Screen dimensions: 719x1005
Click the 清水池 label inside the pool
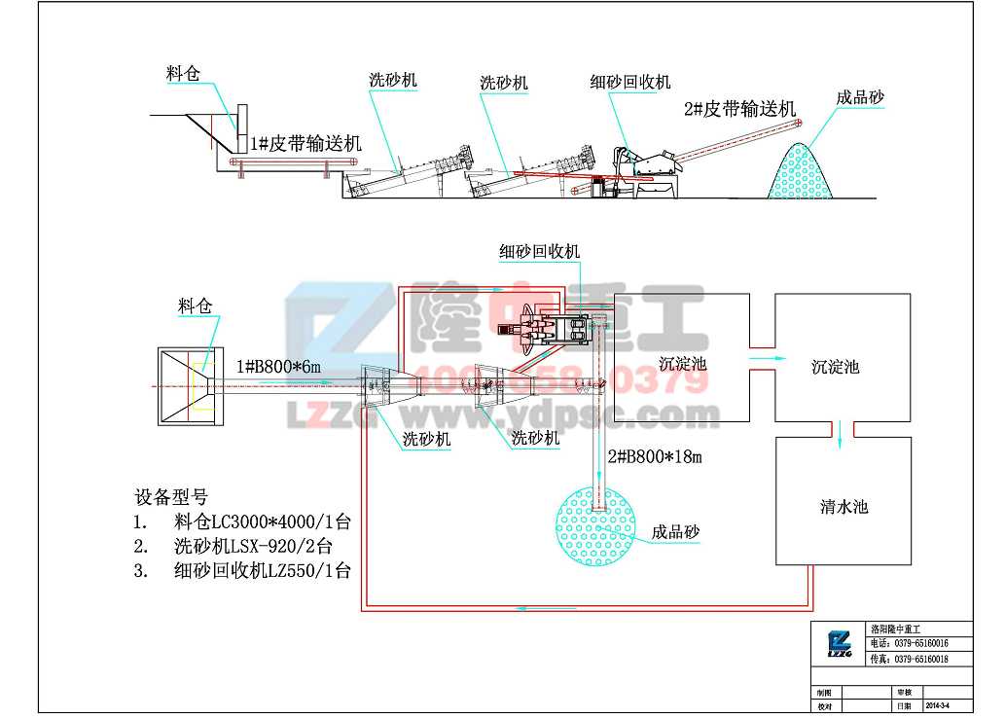coord(843,507)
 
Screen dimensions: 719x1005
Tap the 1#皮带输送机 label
coord(305,144)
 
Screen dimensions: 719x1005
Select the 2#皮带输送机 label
coord(740,109)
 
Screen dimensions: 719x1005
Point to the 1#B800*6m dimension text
coord(278,367)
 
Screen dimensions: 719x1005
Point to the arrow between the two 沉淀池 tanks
coord(762,357)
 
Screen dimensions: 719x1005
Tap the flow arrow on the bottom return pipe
coord(525,609)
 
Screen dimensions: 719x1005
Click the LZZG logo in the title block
coord(838,642)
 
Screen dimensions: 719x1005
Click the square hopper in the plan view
coord(191,386)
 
